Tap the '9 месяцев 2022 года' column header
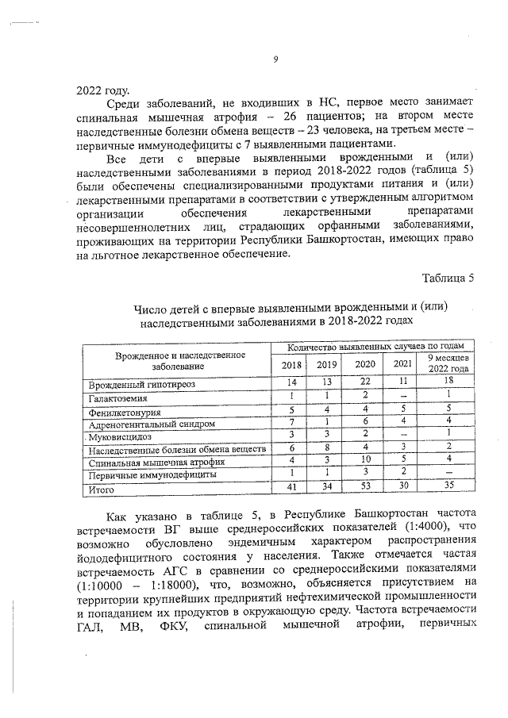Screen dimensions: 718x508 [448, 364]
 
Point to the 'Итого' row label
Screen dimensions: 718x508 [102, 490]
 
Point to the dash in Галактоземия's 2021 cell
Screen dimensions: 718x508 [402, 396]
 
